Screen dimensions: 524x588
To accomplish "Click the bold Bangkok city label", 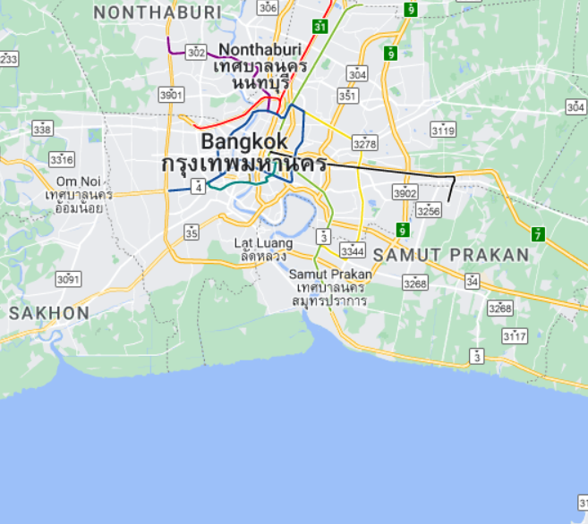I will pyautogui.click(x=244, y=141).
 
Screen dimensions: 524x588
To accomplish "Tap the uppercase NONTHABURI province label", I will pyautogui.click(x=157, y=12).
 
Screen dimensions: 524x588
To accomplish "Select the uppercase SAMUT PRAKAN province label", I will pyautogui.click(x=451, y=255).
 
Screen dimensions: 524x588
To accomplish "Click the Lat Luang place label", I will pyautogui.click(x=262, y=242).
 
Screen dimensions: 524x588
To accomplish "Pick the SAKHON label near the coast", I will pyautogui.click(x=49, y=313).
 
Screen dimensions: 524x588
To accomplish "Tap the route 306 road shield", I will pyautogui.click(x=268, y=7).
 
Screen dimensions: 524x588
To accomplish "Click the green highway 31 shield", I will pyautogui.click(x=320, y=27).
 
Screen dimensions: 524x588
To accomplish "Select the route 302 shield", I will pyautogui.click(x=195, y=53).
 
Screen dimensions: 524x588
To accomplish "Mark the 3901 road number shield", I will pyautogui.click(x=171, y=94).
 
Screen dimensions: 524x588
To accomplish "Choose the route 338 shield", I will pyautogui.click(x=42, y=129).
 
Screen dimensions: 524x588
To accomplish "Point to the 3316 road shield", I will pyautogui.click(x=62, y=160).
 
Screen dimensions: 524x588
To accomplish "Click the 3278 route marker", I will pyautogui.click(x=365, y=143).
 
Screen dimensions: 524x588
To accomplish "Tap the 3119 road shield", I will pyautogui.click(x=443, y=130).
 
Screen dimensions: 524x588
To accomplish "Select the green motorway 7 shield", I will pyautogui.click(x=537, y=234).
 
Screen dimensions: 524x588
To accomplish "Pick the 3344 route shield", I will pyautogui.click(x=353, y=249).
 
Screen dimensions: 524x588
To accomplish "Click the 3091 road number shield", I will pyautogui.click(x=68, y=279).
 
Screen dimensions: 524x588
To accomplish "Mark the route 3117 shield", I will pyautogui.click(x=515, y=336).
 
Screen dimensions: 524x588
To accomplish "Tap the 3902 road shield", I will pyautogui.click(x=405, y=192).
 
